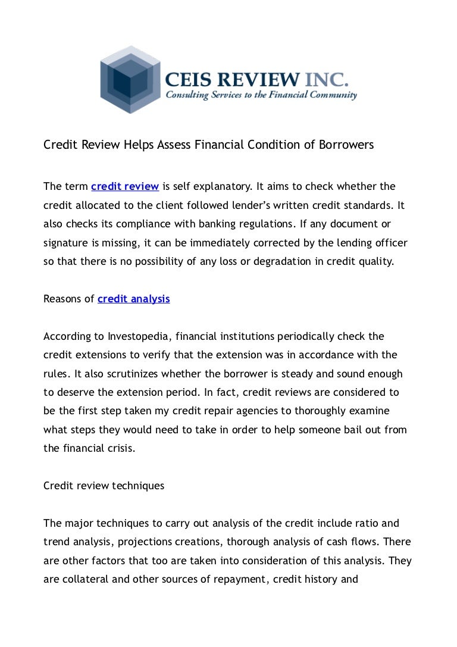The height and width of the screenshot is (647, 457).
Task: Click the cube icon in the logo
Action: pyautogui.click(x=130, y=79)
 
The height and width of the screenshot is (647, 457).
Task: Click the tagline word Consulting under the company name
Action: pyautogui.click(x=189, y=95)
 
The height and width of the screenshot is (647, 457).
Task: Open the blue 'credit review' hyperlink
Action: pyautogui.click(x=125, y=187)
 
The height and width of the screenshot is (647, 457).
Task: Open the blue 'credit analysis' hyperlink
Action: pyautogui.click(x=133, y=299)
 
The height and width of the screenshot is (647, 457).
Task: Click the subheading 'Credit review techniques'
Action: pyautogui.click(x=104, y=486)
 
